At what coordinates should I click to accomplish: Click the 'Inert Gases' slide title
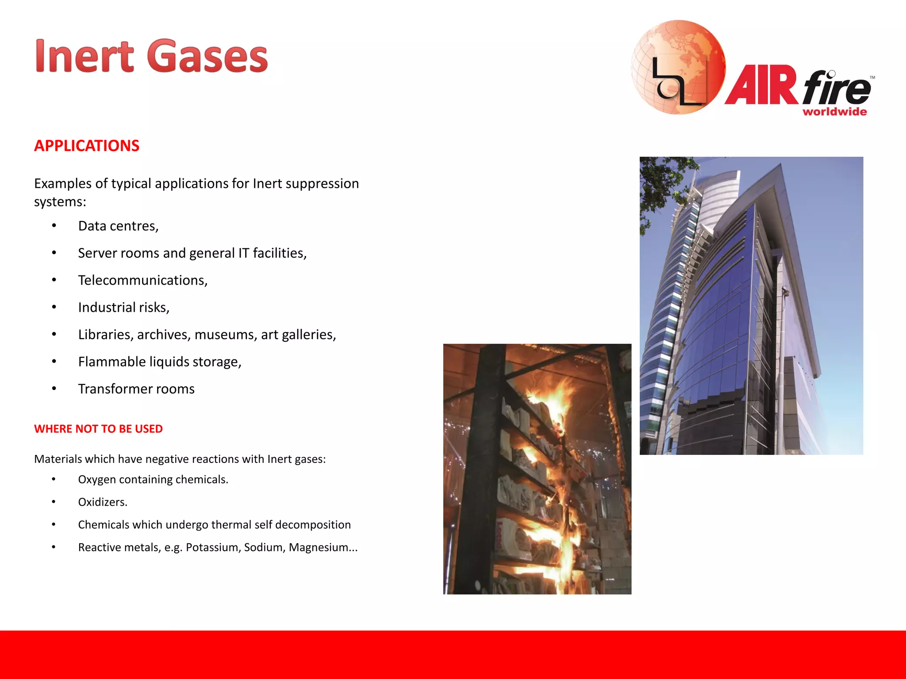[151, 57]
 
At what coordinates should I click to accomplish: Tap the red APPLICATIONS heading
[87, 146]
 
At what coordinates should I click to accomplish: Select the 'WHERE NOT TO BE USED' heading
[98, 429]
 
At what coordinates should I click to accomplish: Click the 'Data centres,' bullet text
[118, 226]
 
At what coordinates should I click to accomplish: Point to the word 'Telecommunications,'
[143, 280]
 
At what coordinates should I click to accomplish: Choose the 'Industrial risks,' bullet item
[124, 307]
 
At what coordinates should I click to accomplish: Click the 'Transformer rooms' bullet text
[136, 389]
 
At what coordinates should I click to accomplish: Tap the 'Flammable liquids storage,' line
[160, 362]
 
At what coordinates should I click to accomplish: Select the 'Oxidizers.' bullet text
[103, 502]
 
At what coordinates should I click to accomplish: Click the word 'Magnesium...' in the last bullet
[323, 547]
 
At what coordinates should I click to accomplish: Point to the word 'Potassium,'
[213, 547]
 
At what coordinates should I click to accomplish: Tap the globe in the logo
[678, 66]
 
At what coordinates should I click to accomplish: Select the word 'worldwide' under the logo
[834, 112]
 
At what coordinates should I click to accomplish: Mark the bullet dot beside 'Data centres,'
[54, 226]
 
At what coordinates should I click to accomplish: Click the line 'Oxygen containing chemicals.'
[153, 480]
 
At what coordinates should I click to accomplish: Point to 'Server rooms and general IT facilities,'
[192, 253]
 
